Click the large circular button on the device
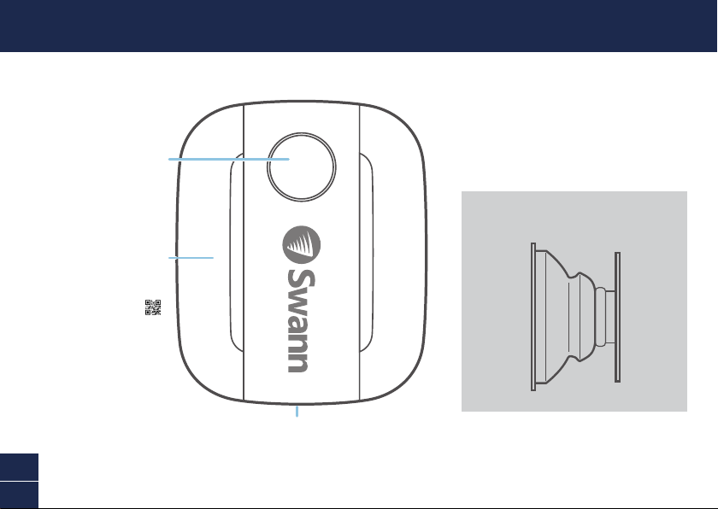point(301,167)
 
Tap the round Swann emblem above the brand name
point(301,244)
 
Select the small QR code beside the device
point(153,307)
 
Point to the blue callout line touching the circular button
point(229,159)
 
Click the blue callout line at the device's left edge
point(191,258)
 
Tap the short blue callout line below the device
point(297,411)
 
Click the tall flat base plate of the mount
point(533,317)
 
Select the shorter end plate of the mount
point(617,317)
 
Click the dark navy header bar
point(358,26)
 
